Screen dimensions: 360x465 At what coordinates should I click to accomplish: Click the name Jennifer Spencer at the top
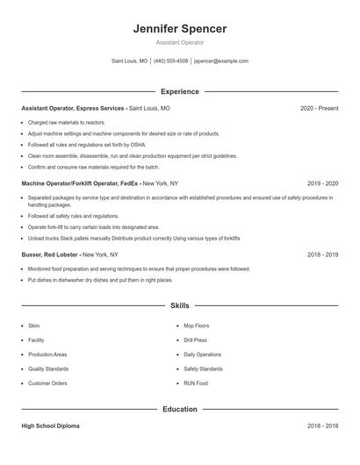180,29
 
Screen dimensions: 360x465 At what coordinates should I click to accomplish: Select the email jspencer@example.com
221,61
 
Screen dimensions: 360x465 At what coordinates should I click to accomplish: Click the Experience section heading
180,91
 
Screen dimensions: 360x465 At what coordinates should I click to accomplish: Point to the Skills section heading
180,305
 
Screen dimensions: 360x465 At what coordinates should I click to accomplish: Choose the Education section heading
180,409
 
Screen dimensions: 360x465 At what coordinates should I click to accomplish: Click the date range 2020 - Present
319,108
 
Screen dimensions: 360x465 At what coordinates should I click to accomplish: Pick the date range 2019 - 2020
323,184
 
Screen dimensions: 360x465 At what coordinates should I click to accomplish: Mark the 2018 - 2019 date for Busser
323,254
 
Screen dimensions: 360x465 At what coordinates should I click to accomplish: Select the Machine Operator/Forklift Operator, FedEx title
80,184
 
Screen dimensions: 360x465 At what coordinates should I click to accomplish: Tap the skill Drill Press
195,340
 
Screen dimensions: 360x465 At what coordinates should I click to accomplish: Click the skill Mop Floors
196,325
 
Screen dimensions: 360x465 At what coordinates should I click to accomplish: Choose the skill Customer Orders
47,383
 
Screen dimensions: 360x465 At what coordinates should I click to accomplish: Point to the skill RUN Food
196,383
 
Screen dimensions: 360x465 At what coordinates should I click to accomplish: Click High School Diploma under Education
50,426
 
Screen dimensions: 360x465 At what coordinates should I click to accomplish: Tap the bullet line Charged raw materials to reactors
67,123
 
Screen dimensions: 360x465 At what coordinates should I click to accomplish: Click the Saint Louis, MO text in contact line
129,61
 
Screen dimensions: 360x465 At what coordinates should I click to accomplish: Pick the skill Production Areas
47,354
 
